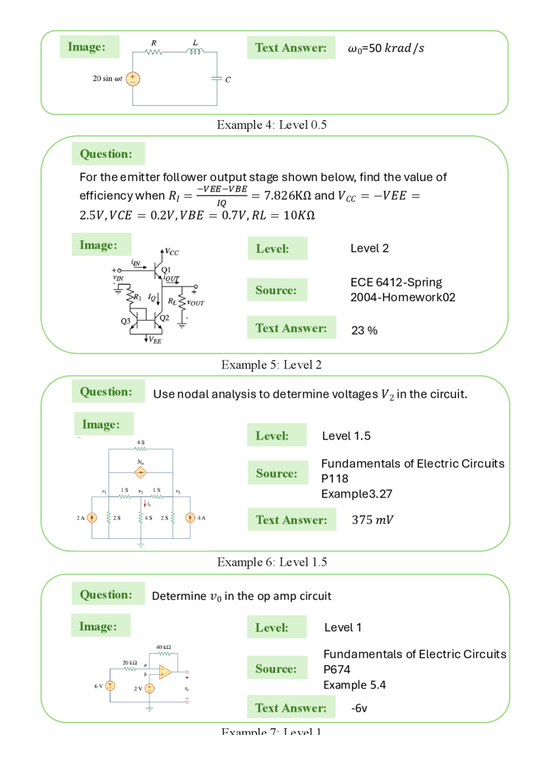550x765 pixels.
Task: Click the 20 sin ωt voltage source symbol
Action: click(x=132, y=78)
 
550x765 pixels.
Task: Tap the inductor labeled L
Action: click(x=196, y=52)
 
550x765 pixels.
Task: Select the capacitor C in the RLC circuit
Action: click(x=217, y=78)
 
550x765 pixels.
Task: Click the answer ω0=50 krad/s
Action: click(x=386, y=48)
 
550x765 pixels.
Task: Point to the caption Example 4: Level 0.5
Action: click(x=274, y=125)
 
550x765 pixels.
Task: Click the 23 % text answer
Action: click(x=364, y=330)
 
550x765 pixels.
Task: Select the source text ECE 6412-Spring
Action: click(x=396, y=282)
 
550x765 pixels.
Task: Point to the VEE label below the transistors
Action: click(x=156, y=341)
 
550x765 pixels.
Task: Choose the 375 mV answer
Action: click(x=373, y=520)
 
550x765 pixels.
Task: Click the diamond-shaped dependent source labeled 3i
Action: click(x=141, y=472)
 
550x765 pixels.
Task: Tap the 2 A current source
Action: click(x=93, y=517)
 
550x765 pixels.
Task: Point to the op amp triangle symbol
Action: click(x=164, y=672)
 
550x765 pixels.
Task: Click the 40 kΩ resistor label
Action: click(x=163, y=646)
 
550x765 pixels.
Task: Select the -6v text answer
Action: click(x=360, y=708)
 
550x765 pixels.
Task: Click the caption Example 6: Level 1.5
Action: click(x=274, y=562)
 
